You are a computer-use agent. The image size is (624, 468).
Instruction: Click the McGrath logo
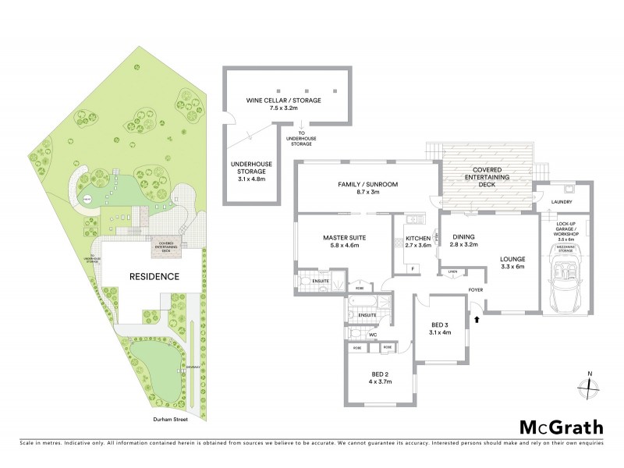562,427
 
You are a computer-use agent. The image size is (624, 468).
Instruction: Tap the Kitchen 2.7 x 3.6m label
417,243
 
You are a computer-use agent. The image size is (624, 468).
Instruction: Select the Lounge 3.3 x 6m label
513,264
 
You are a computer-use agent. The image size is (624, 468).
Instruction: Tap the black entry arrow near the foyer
474,319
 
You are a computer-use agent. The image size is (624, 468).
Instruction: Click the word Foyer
476,289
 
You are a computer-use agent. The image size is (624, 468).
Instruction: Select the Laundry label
562,202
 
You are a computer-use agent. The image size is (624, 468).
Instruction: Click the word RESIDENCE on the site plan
154,276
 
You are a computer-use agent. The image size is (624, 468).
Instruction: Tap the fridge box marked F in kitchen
412,268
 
